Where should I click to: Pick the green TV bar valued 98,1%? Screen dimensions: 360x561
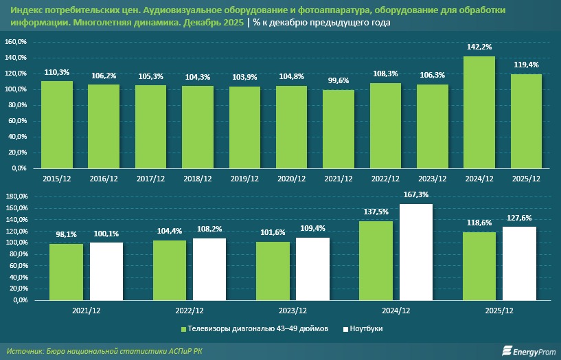66,272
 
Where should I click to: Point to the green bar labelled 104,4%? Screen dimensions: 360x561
169,270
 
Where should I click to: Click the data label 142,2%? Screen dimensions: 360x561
479,49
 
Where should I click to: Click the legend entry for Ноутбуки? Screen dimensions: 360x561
363,329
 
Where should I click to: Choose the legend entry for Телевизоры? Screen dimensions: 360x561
254,329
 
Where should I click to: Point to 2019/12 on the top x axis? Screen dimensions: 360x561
244,179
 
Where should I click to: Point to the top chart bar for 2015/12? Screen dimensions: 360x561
57,124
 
